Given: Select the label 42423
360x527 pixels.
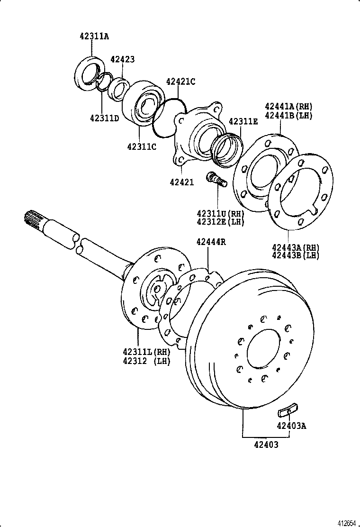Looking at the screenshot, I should pos(122,59).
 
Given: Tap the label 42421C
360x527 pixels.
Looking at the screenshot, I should pos(180,82).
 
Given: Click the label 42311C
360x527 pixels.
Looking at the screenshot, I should pos(141,146).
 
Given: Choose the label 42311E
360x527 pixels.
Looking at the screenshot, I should pos(243,121).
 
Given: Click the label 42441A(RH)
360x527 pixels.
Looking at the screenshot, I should pos(288,106).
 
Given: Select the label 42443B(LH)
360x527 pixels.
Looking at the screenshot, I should pos(296,255).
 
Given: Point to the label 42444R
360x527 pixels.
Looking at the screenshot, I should pos(211,242).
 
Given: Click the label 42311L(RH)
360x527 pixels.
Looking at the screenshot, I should pos(146,352).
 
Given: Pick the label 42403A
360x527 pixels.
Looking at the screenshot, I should pos(291,426).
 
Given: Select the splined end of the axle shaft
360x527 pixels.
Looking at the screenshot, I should pos(33,218).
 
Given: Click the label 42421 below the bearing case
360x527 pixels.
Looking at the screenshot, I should pos(182,182).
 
